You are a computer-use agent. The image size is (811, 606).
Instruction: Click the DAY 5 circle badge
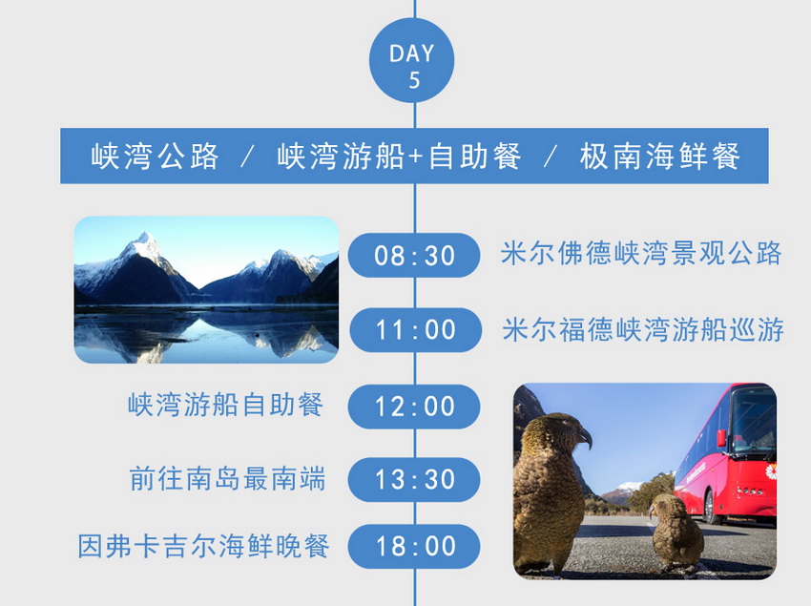point(412,60)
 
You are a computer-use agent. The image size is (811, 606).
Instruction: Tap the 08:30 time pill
point(414,255)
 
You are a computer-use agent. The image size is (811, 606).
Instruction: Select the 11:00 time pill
point(415,329)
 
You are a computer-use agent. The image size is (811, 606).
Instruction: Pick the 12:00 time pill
point(414,407)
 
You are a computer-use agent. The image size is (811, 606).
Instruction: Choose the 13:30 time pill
point(414,479)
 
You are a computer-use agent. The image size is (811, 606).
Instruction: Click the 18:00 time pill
point(414,546)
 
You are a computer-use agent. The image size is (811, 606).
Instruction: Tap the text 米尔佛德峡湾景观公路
point(641,254)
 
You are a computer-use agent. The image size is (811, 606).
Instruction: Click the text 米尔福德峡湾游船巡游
point(643,329)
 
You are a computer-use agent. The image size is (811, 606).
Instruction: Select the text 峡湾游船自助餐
point(225,405)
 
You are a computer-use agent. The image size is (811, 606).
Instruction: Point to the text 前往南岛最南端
point(228,478)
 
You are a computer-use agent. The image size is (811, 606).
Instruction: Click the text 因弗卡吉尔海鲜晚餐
point(203,546)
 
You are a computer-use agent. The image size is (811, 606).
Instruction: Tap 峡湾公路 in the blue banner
point(155,156)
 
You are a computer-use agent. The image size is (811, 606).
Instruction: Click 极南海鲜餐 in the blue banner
point(660,156)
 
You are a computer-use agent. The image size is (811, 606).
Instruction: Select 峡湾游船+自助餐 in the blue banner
point(399,156)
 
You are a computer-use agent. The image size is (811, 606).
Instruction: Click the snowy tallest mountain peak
point(145,240)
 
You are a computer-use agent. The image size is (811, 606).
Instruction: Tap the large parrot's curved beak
point(585,437)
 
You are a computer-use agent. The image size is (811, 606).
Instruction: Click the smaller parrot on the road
point(676,530)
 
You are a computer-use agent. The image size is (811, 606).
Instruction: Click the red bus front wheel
point(712,507)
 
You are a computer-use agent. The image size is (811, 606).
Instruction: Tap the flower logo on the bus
point(771,472)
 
